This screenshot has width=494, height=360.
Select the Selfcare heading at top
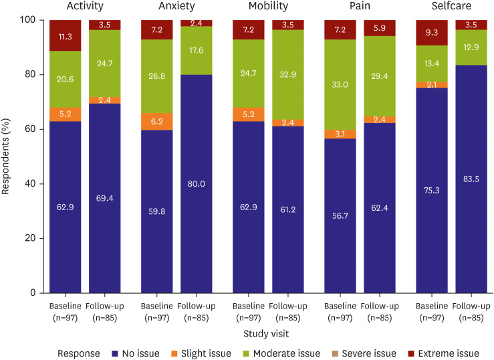(451, 7)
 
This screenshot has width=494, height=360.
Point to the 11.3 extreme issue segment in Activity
(66, 36)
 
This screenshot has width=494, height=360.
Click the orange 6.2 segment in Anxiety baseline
(157, 122)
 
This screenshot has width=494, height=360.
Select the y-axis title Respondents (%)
(7, 157)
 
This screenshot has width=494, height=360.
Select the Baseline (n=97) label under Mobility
(249, 311)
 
